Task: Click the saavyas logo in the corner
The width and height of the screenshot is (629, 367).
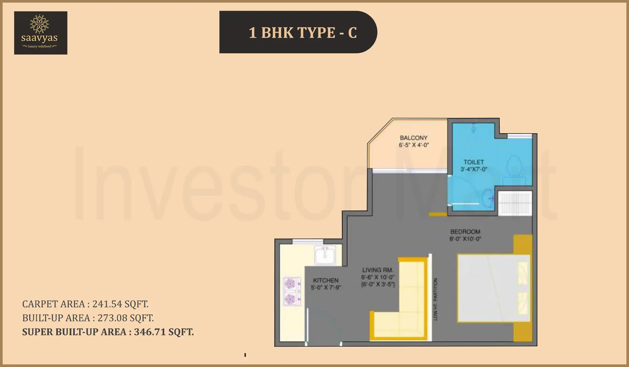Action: [x=41, y=33]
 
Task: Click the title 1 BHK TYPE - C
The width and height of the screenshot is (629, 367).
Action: [x=302, y=33]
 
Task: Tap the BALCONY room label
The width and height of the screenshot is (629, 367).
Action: [x=414, y=138]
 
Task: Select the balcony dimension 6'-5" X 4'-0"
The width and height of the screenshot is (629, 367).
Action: [x=414, y=145]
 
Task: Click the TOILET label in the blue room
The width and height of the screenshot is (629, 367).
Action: [x=474, y=162]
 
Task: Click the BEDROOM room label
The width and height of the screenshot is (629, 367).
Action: [x=465, y=232]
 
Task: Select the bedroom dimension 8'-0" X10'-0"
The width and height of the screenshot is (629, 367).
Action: [x=465, y=239]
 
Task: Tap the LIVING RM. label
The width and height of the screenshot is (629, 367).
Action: [x=377, y=270]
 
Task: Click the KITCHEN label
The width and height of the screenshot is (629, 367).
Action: [x=326, y=280]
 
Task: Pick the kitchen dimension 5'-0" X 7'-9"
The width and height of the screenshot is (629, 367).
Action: [x=326, y=288]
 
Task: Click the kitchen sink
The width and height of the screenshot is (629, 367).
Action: [x=325, y=255]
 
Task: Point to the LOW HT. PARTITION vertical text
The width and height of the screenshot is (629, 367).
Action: [x=435, y=299]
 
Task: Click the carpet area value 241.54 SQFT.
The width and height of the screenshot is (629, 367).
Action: [x=120, y=304]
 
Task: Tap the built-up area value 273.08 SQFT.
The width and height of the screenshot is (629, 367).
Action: [x=126, y=318]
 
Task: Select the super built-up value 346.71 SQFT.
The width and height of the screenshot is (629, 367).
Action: [x=164, y=332]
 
